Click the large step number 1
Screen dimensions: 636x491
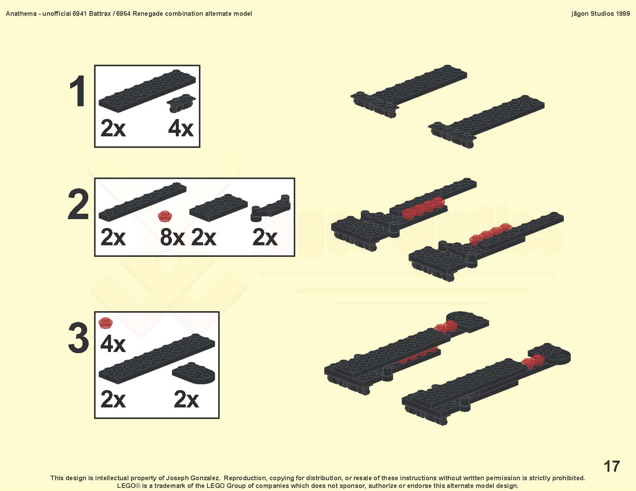[x=77, y=91]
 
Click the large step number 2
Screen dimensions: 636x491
[x=78, y=204]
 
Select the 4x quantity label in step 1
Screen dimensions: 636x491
[x=181, y=128]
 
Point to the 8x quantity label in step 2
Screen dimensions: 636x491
[x=172, y=237]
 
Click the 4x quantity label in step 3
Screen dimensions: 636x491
[x=113, y=344]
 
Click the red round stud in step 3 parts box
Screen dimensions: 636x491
[x=105, y=323]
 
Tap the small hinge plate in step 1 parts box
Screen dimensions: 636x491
[x=181, y=103]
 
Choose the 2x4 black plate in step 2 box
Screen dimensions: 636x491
[x=218, y=207]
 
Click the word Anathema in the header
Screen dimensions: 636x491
[x=21, y=14]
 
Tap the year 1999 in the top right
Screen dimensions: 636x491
[x=623, y=14]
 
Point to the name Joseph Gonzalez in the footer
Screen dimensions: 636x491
[x=193, y=478]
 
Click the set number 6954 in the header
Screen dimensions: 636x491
[x=123, y=14]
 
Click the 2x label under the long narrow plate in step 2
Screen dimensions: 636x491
[x=113, y=237]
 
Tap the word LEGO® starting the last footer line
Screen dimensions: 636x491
[x=129, y=486]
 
